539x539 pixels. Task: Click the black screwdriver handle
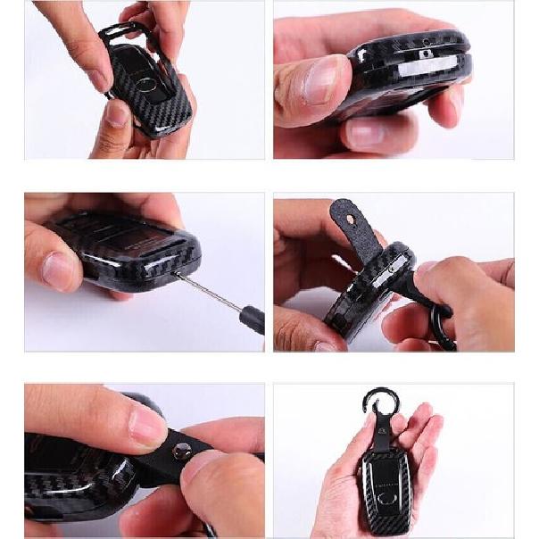[x=253, y=318]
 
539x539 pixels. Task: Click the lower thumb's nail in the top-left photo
[x=114, y=114]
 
